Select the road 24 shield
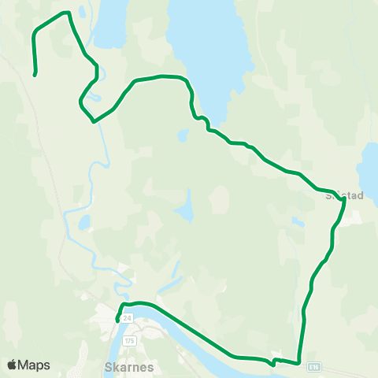pos(127,317)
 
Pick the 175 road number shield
pos(130,339)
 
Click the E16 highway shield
pos(315,366)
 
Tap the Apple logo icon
pos(11,365)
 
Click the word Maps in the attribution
pos(34,365)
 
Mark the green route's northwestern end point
pos(35,75)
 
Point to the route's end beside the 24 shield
pos(117,321)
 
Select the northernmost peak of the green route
pos(68,12)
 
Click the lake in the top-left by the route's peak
pos(110,20)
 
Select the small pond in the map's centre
pos(185,208)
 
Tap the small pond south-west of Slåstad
pos(297,222)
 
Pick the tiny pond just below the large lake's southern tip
pos(183,135)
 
